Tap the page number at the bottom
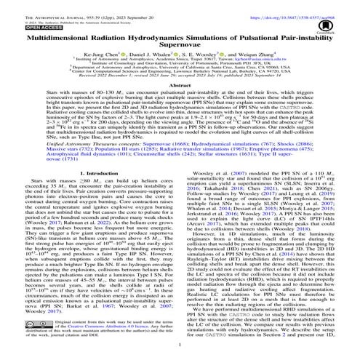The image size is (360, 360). [x=180, y=350]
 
